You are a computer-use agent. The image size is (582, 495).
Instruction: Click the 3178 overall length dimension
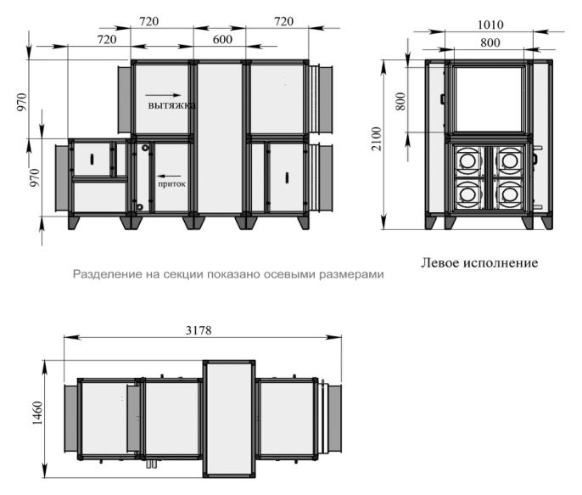point(199,330)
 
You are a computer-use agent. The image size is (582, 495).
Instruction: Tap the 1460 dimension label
point(37,413)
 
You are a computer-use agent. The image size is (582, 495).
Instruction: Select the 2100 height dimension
point(377,139)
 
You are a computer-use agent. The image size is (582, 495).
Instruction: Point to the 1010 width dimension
point(490,25)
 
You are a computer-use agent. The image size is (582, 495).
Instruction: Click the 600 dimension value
point(222,39)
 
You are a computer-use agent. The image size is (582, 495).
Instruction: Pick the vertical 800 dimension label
point(400,101)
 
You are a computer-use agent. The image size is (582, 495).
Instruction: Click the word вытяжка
point(172,105)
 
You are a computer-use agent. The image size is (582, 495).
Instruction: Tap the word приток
point(172,183)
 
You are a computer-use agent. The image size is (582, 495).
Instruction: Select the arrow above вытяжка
point(163,95)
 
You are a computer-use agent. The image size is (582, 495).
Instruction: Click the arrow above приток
point(170,176)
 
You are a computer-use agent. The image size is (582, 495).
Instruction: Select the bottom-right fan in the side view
point(508,194)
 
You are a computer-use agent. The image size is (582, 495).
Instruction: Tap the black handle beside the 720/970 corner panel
point(92,159)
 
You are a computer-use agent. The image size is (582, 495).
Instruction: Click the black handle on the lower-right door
point(287,177)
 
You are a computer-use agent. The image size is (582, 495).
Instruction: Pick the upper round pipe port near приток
point(146,148)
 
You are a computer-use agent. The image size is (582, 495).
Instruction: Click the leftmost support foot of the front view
point(74,222)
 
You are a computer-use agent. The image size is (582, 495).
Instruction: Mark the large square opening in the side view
point(490,99)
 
